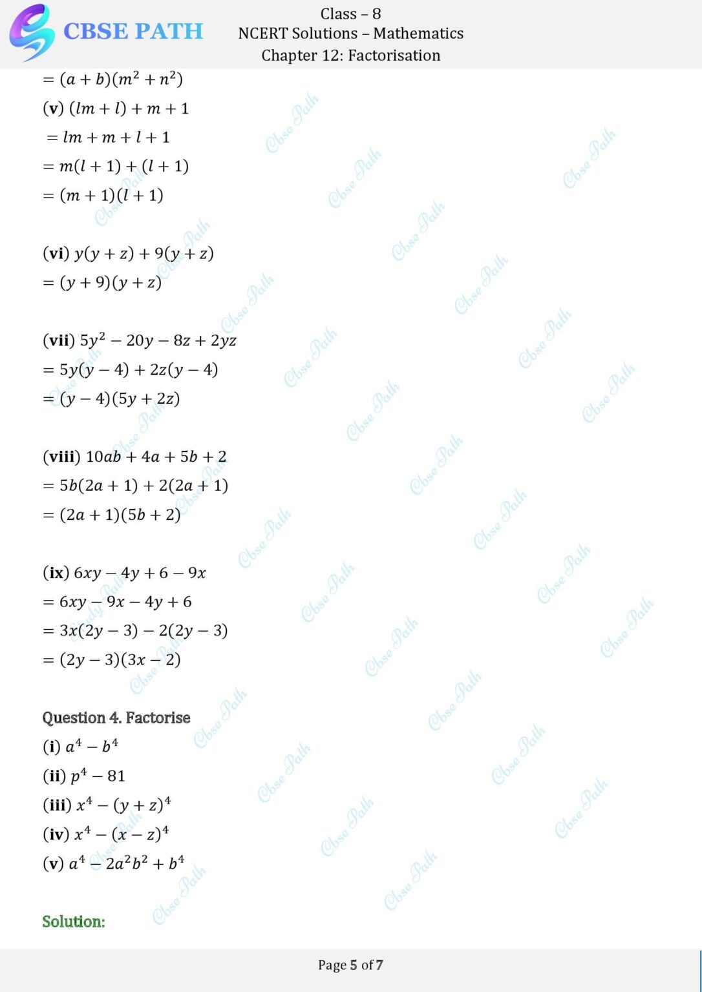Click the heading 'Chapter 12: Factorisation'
[350, 56]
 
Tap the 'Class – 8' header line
[350, 14]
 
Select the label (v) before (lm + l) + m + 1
[53, 108]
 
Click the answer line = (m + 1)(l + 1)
[103, 195]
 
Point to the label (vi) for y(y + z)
[56, 253]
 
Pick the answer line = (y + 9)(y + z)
[102, 282]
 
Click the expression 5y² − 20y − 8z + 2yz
[158, 340]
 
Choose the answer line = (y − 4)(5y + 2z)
[111, 398]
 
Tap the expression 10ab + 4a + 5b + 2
[156, 457]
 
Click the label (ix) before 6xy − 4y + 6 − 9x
[56, 573]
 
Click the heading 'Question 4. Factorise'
[116, 718]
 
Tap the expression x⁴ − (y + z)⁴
[123, 805]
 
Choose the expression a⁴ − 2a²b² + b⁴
[126, 863]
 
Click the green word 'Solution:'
[74, 922]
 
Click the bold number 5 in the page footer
[354, 965]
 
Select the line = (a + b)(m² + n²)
[112, 79]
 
